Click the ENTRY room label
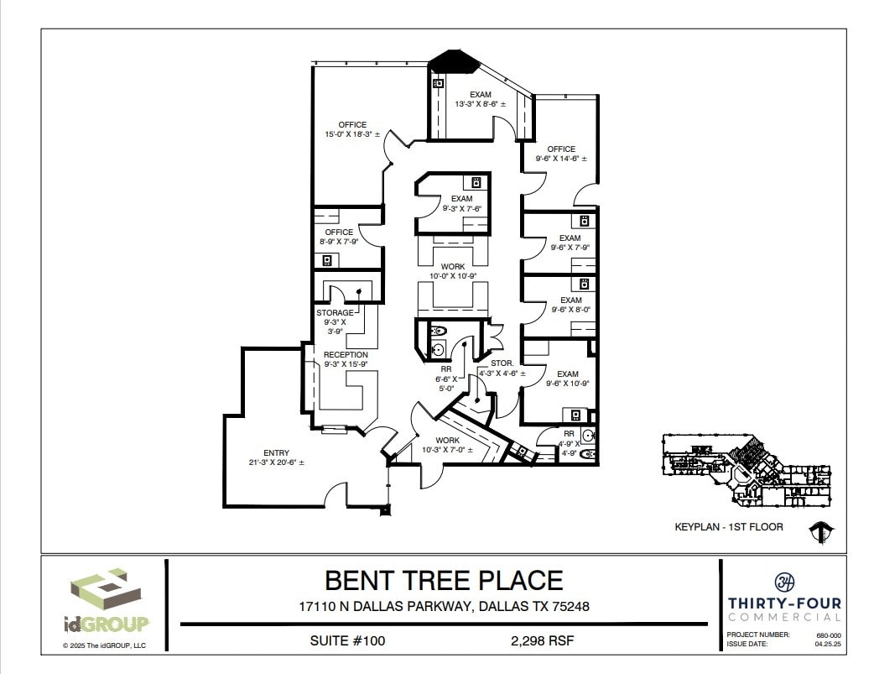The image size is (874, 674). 276,452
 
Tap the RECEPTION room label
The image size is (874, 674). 346,355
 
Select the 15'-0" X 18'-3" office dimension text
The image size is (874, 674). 352,134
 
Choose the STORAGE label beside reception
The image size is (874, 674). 335,313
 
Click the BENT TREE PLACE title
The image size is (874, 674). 444,580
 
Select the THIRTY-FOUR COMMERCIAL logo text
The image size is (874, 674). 784,609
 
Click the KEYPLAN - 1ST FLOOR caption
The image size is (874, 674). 729,527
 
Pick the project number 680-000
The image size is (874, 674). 828,635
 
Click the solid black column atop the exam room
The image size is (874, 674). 453,60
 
